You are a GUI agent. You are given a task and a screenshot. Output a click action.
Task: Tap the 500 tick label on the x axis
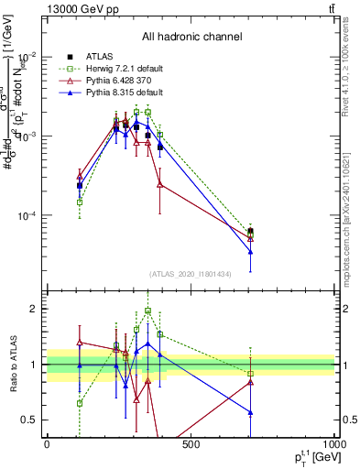(x=191, y=444)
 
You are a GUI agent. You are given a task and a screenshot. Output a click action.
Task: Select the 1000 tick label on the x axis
(x=333, y=444)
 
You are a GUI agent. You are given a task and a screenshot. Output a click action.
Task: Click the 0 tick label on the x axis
(x=47, y=444)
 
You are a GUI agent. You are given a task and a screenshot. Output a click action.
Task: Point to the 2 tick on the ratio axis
(x=35, y=309)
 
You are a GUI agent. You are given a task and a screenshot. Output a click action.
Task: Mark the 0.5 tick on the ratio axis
(x=31, y=420)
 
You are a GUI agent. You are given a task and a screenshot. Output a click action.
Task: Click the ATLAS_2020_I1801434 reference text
(x=191, y=274)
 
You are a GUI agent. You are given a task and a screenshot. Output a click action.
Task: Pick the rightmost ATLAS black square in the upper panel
(x=250, y=232)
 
